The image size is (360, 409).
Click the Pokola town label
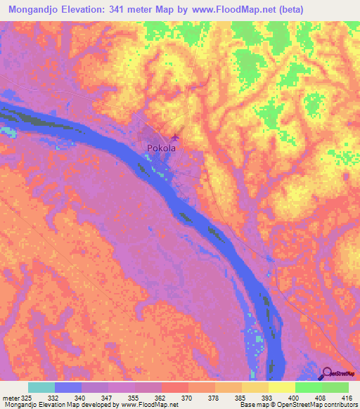tap(160, 148)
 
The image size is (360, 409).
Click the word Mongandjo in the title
tap(34, 9)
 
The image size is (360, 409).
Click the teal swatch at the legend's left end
tap(41, 387)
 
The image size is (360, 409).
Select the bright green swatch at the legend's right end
tap(335, 387)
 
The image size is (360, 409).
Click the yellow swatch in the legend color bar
tap(282, 387)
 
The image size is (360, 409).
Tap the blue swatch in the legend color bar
tap(68, 387)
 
